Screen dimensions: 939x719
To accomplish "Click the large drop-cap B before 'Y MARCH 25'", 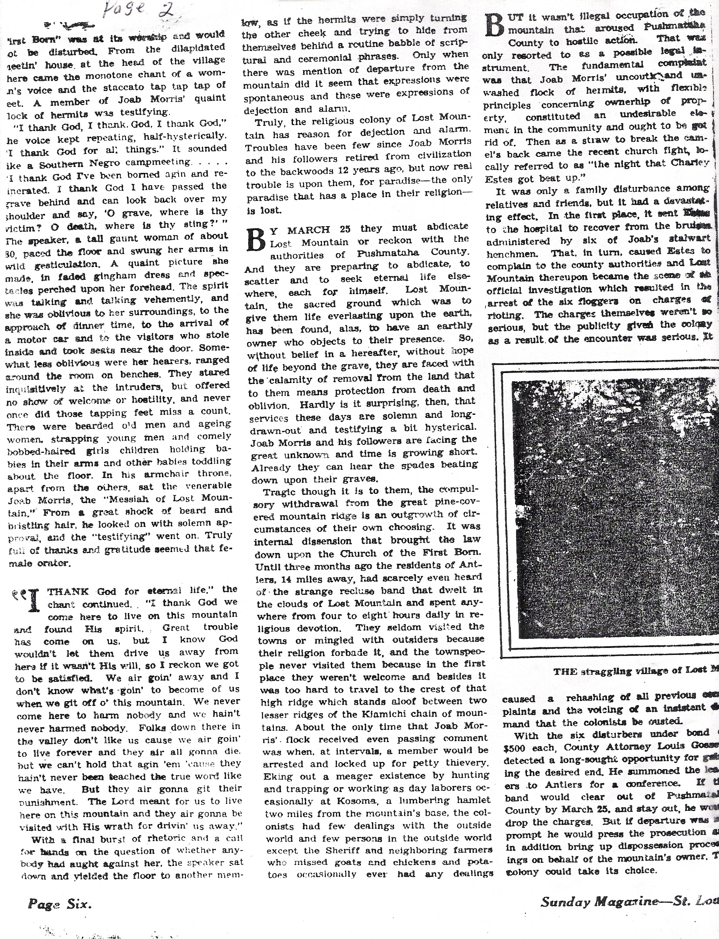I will click(256, 239).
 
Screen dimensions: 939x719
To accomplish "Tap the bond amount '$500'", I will click(515, 747).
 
